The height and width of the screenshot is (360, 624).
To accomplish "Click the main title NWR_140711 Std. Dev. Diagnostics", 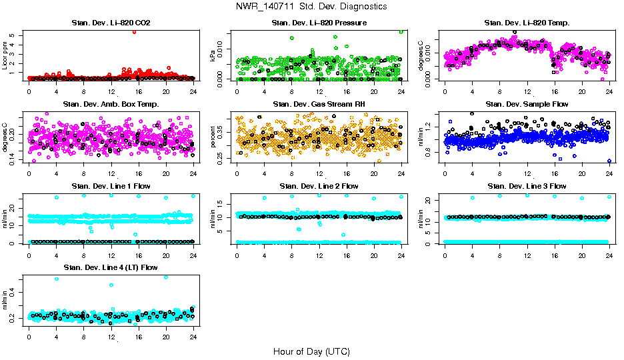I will coord(311,6).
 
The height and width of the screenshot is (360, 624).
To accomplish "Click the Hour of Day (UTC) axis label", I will coord(311,351).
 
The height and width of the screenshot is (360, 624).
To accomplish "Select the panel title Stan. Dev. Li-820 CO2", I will coord(111,23).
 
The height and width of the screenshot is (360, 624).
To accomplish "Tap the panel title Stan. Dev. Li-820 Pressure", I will coord(319,23).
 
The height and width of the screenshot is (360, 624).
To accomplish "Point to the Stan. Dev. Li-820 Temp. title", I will coord(527,23).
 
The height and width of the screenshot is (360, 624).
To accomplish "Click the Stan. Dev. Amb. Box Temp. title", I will coord(111,104).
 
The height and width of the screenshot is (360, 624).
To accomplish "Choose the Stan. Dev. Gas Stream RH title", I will coord(319,104).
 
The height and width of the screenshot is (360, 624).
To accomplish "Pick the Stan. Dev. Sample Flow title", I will coord(527,104).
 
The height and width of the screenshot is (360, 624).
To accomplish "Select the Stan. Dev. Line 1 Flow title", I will coord(111,186).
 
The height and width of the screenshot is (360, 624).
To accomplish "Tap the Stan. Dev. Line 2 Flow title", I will coord(319,186).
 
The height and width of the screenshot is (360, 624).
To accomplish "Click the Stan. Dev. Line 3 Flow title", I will coord(527,186).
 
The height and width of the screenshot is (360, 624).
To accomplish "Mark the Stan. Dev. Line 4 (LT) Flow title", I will coord(111,268).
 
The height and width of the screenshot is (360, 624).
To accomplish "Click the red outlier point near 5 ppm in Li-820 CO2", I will coord(135,31).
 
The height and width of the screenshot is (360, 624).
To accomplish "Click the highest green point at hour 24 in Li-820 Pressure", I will coord(401,31).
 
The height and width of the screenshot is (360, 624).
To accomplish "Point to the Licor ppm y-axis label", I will coord(5,55).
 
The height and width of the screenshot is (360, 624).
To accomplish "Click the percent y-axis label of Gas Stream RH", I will coord(213,137).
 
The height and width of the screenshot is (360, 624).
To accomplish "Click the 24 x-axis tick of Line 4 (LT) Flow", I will coord(193,337).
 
